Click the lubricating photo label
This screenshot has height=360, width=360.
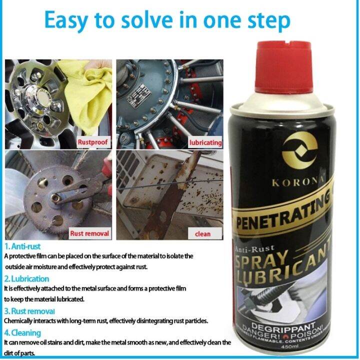[205, 142]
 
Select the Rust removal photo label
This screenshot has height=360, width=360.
[89, 233]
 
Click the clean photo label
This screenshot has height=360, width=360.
[202, 233]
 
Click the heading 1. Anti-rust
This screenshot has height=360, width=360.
[22, 246]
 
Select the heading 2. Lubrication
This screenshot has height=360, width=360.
[27, 278]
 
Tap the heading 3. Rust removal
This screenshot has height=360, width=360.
[30, 311]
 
